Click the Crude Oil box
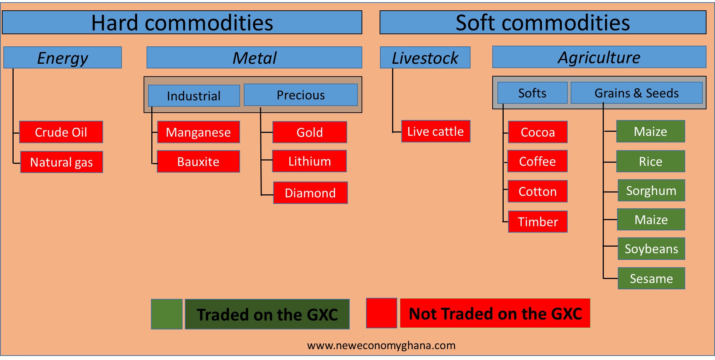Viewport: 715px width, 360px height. pyautogui.click(x=61, y=132)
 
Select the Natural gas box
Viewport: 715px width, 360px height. pyautogui.click(x=61, y=162)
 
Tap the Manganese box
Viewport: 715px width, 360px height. pyautogui.click(x=198, y=132)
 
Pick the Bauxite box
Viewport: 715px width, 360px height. pyautogui.click(x=198, y=162)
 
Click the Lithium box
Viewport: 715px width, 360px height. pyautogui.click(x=309, y=161)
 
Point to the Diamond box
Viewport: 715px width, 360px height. pyautogui.click(x=310, y=193)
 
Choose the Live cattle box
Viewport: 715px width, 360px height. pyautogui.click(x=436, y=131)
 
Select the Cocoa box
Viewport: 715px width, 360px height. pyautogui.click(x=538, y=132)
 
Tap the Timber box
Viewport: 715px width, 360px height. pyautogui.click(x=538, y=222)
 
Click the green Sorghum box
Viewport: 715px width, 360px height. pyautogui.click(x=651, y=191)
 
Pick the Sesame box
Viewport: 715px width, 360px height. pyautogui.click(x=651, y=278)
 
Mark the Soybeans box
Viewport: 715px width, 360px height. pyautogui.click(x=651, y=249)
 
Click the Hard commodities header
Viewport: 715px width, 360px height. pyautogui.click(x=182, y=22)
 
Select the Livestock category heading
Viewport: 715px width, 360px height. pyautogui.click(x=425, y=58)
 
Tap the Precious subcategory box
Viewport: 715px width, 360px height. pyautogui.click(x=300, y=95)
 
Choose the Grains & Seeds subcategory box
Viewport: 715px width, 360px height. pyautogui.click(x=636, y=93)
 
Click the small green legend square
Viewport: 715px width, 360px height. pyautogui.click(x=167, y=314)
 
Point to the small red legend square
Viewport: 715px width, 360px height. pyautogui.click(x=381, y=313)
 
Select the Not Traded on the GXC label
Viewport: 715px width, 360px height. pyautogui.click(x=495, y=314)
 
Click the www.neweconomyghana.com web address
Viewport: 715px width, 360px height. pyautogui.click(x=381, y=345)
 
